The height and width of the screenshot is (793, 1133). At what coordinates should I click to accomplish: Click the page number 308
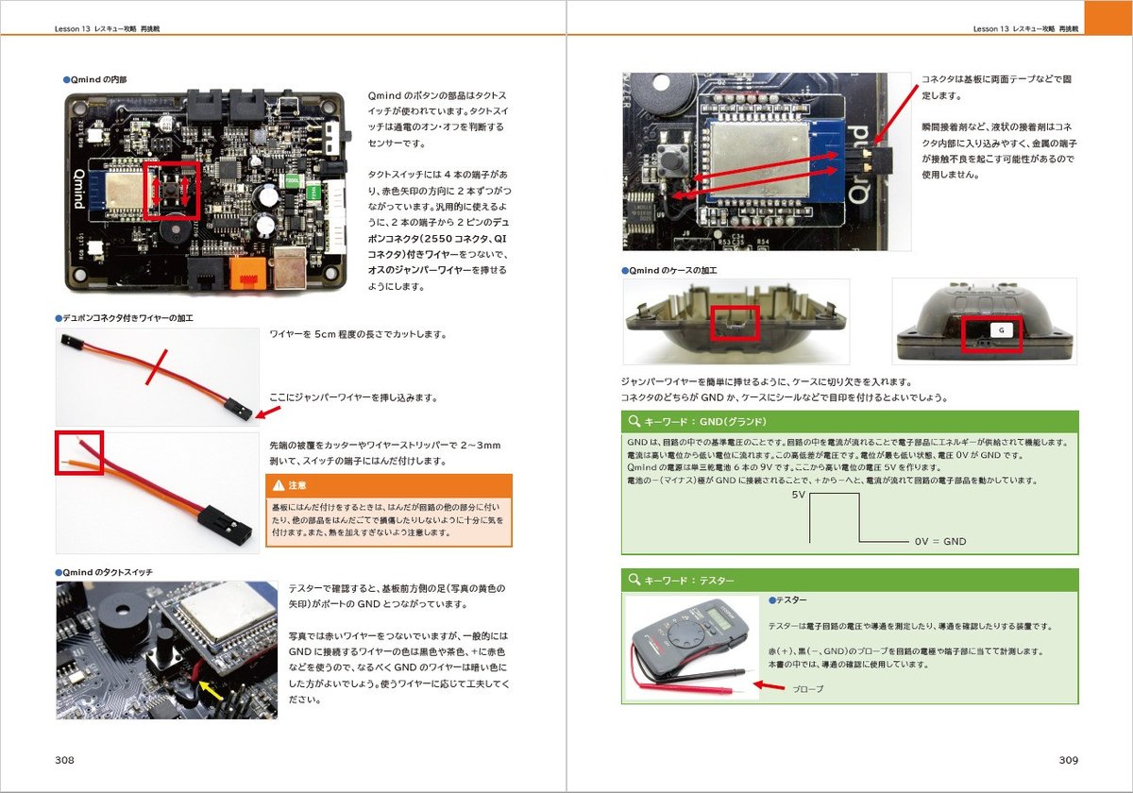pyautogui.click(x=65, y=760)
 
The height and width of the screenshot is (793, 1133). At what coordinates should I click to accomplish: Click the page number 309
pyautogui.click(x=1068, y=760)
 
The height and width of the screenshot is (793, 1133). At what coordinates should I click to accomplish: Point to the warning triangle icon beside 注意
pyautogui.click(x=279, y=485)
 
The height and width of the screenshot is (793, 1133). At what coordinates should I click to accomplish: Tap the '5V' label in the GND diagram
pyautogui.click(x=798, y=495)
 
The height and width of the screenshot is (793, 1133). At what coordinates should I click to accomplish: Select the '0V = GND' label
pyautogui.click(x=939, y=542)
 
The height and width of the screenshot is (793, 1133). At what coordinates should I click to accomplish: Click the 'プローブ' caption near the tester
pyautogui.click(x=807, y=689)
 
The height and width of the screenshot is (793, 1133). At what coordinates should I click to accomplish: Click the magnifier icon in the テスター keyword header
pyautogui.click(x=633, y=580)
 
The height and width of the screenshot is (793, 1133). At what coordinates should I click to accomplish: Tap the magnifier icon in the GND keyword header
pyautogui.click(x=633, y=421)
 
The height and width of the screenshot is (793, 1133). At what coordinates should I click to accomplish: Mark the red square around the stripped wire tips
pyautogui.click(x=78, y=453)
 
